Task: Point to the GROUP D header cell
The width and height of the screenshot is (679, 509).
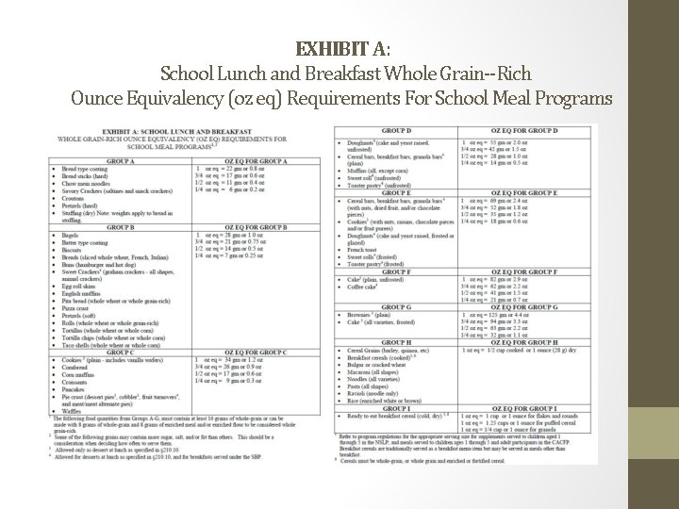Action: tap(396, 130)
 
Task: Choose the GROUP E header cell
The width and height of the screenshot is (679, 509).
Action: tap(396, 192)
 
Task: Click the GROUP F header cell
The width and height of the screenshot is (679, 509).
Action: tap(396, 271)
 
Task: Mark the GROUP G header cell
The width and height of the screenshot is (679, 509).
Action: tap(396, 306)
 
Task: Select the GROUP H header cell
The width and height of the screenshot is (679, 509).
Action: tap(396, 341)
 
